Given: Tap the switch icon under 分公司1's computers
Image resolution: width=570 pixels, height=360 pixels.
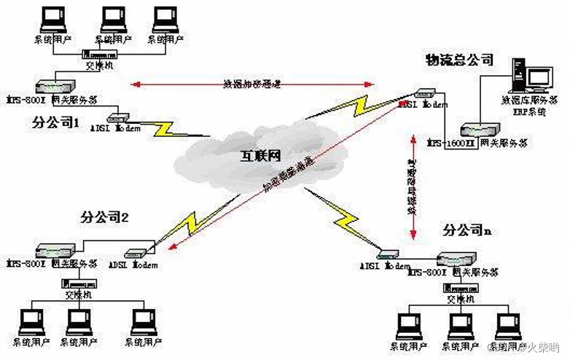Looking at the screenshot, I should [98, 55].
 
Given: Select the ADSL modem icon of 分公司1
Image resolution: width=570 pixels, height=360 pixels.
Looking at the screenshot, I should [117, 117].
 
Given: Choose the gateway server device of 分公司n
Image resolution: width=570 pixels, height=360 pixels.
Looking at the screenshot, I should [457, 259].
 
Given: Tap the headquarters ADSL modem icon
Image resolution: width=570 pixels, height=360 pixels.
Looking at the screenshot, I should [423, 93].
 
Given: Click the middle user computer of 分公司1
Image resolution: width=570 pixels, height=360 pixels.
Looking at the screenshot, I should [113, 20].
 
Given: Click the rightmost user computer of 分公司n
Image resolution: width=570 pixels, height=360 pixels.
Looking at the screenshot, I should [507, 325].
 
